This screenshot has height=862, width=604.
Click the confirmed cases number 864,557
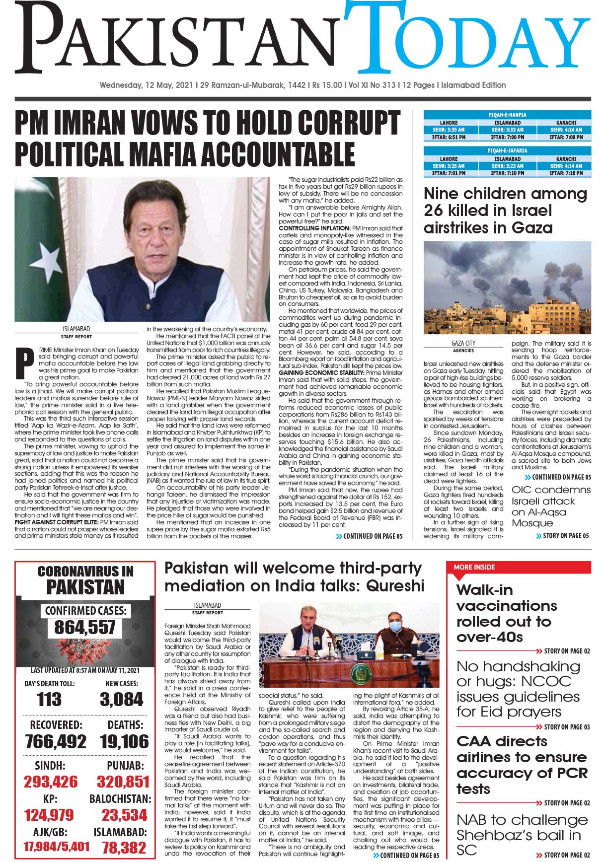tap(85, 628)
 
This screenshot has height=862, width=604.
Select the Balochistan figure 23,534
tap(124, 814)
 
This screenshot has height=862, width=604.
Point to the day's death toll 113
tap(49, 700)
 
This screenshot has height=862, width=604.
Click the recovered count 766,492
tap(56, 741)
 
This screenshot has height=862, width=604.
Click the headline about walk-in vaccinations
tap(507, 613)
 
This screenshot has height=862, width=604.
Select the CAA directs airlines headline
tap(522, 765)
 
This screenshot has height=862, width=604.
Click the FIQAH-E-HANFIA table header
tap(507, 115)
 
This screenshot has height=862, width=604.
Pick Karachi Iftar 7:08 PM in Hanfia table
tap(566, 137)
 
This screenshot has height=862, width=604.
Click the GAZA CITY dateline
tap(463, 343)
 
